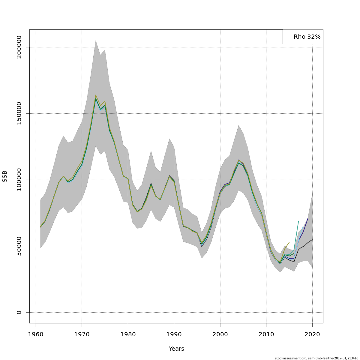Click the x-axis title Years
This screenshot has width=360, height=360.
[x=176, y=349]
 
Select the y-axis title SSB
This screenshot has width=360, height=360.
[x=5, y=176]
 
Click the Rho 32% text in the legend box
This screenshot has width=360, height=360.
[x=307, y=37]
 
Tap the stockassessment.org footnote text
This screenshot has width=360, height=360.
[x=316, y=358]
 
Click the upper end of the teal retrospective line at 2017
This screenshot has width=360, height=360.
[x=298, y=221]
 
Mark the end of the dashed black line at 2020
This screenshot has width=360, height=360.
[x=312, y=239]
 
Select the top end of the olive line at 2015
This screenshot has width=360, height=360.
[x=289, y=242]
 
